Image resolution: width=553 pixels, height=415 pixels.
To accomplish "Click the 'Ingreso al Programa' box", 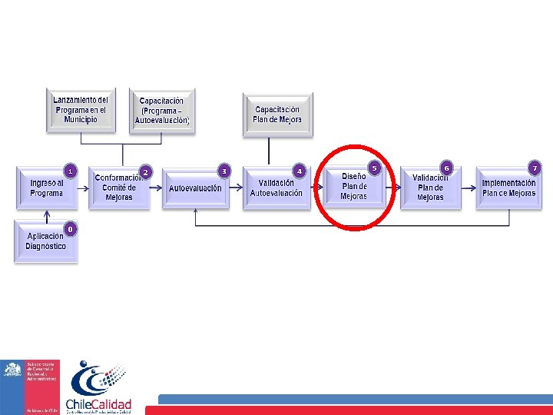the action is [x=47, y=188].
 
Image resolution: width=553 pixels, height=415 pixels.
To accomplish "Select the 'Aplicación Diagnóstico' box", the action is [x=46, y=241].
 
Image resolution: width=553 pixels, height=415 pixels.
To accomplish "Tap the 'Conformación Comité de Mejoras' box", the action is [x=118, y=188].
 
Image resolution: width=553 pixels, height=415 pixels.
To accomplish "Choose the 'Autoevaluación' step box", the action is [x=195, y=188].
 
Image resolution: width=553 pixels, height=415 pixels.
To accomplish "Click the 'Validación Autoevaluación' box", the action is [x=276, y=188].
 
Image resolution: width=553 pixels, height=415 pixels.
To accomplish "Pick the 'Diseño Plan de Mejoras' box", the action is [x=354, y=187].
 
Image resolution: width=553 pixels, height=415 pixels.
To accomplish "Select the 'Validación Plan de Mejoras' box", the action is [x=430, y=188].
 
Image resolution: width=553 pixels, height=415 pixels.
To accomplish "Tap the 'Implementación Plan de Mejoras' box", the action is [x=508, y=188].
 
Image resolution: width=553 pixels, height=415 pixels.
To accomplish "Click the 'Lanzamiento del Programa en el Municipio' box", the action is [x=81, y=111].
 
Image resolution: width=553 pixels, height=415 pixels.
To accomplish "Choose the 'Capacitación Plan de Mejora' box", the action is [x=277, y=115].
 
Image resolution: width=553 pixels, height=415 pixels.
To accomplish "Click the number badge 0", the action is [x=70, y=228].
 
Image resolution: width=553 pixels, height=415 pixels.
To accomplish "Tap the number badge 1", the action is [x=69, y=170].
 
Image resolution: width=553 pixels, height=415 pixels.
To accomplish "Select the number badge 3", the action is [x=224, y=170].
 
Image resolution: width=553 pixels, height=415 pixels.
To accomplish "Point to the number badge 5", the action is [x=375, y=167].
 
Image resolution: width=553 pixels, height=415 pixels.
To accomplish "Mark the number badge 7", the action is [x=535, y=167].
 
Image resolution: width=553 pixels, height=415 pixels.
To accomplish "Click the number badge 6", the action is [x=446, y=167].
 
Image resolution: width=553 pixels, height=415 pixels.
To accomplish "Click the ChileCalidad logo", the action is [x=99, y=387].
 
